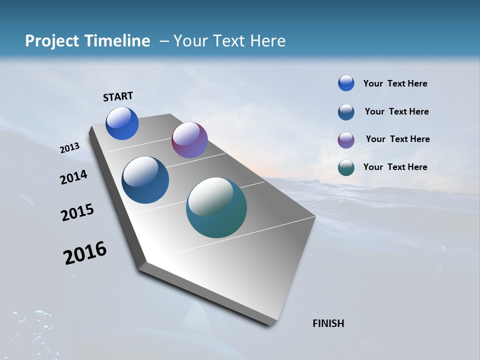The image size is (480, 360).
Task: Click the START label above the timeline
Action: tap(118, 96)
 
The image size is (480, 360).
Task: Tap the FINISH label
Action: tap(328, 323)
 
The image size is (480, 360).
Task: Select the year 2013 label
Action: tap(69, 148)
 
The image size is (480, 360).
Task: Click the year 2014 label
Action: tap(73, 177)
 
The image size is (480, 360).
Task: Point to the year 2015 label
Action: tap(77, 212)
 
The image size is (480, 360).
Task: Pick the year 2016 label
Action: tap(85, 253)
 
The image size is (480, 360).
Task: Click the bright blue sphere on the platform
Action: tap(122, 123)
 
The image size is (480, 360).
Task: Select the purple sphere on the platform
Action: tap(189, 140)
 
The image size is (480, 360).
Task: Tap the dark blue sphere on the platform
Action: tap(145, 180)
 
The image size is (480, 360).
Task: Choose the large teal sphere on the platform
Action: tap(216, 207)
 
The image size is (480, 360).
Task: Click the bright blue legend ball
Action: tap(346, 83)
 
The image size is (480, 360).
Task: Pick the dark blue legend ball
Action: tap(346, 112)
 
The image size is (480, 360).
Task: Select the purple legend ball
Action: tap(346, 140)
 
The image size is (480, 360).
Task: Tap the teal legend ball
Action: tap(346, 167)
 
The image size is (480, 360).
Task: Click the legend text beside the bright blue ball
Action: tap(395, 83)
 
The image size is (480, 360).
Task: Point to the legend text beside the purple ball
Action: tap(397, 139)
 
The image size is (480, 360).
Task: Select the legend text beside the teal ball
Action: tap(395, 167)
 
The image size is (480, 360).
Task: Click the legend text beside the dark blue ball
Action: tap(396, 111)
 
